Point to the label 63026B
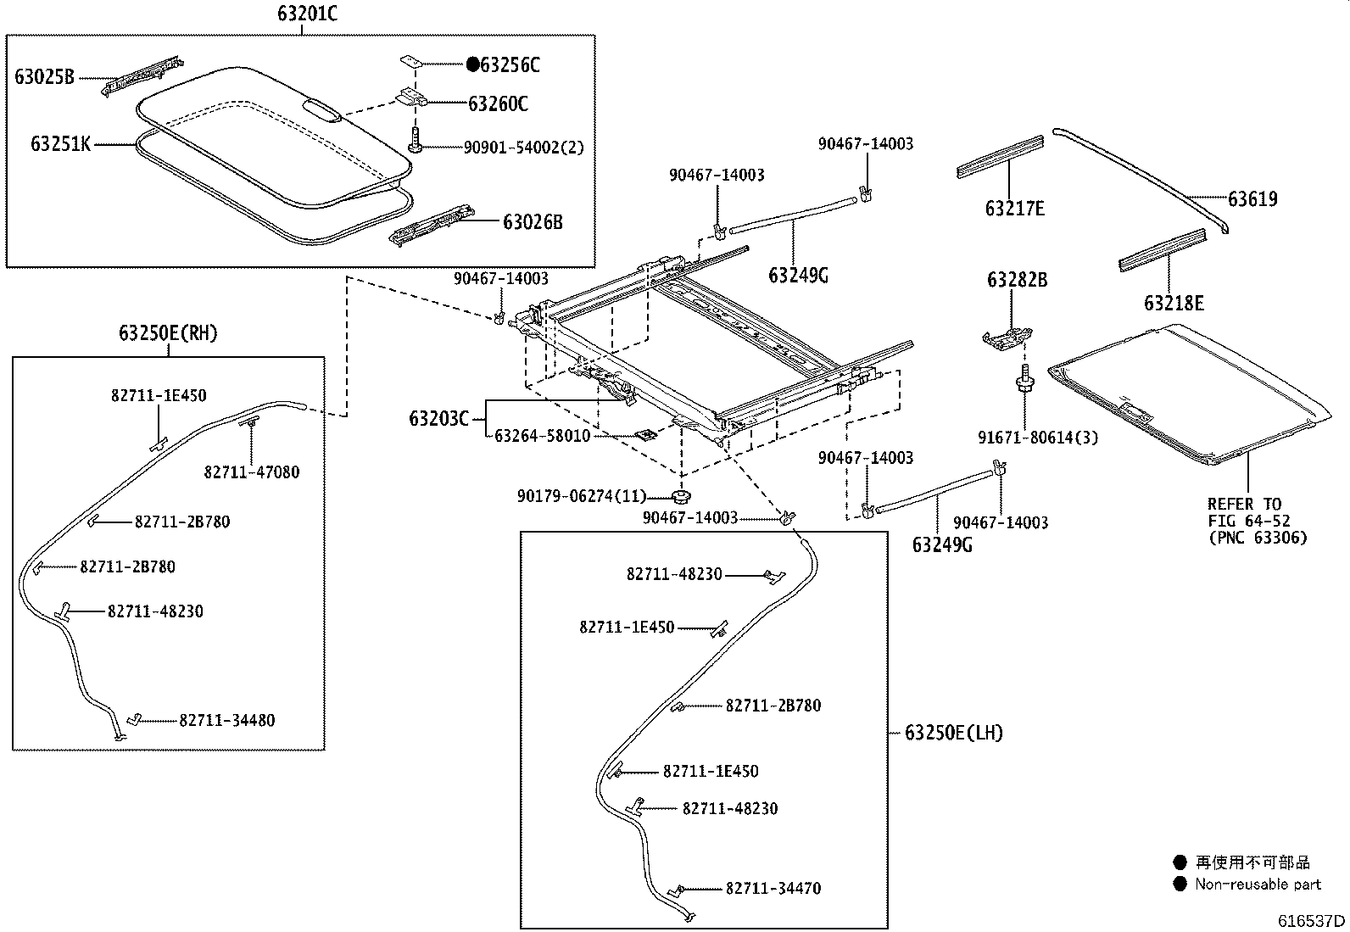coord(533,223)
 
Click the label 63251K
coord(60,144)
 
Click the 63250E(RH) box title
coord(168,333)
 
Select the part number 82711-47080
coord(251,472)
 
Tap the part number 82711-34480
coord(227,721)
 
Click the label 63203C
coord(438,419)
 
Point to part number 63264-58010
coord(542,436)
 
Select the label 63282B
coord(1017,280)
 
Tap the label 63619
coord(1252,199)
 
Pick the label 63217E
coord(1015,209)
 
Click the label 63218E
coord(1174,304)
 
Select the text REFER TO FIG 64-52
coord(1245,512)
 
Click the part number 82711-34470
coord(773,889)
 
